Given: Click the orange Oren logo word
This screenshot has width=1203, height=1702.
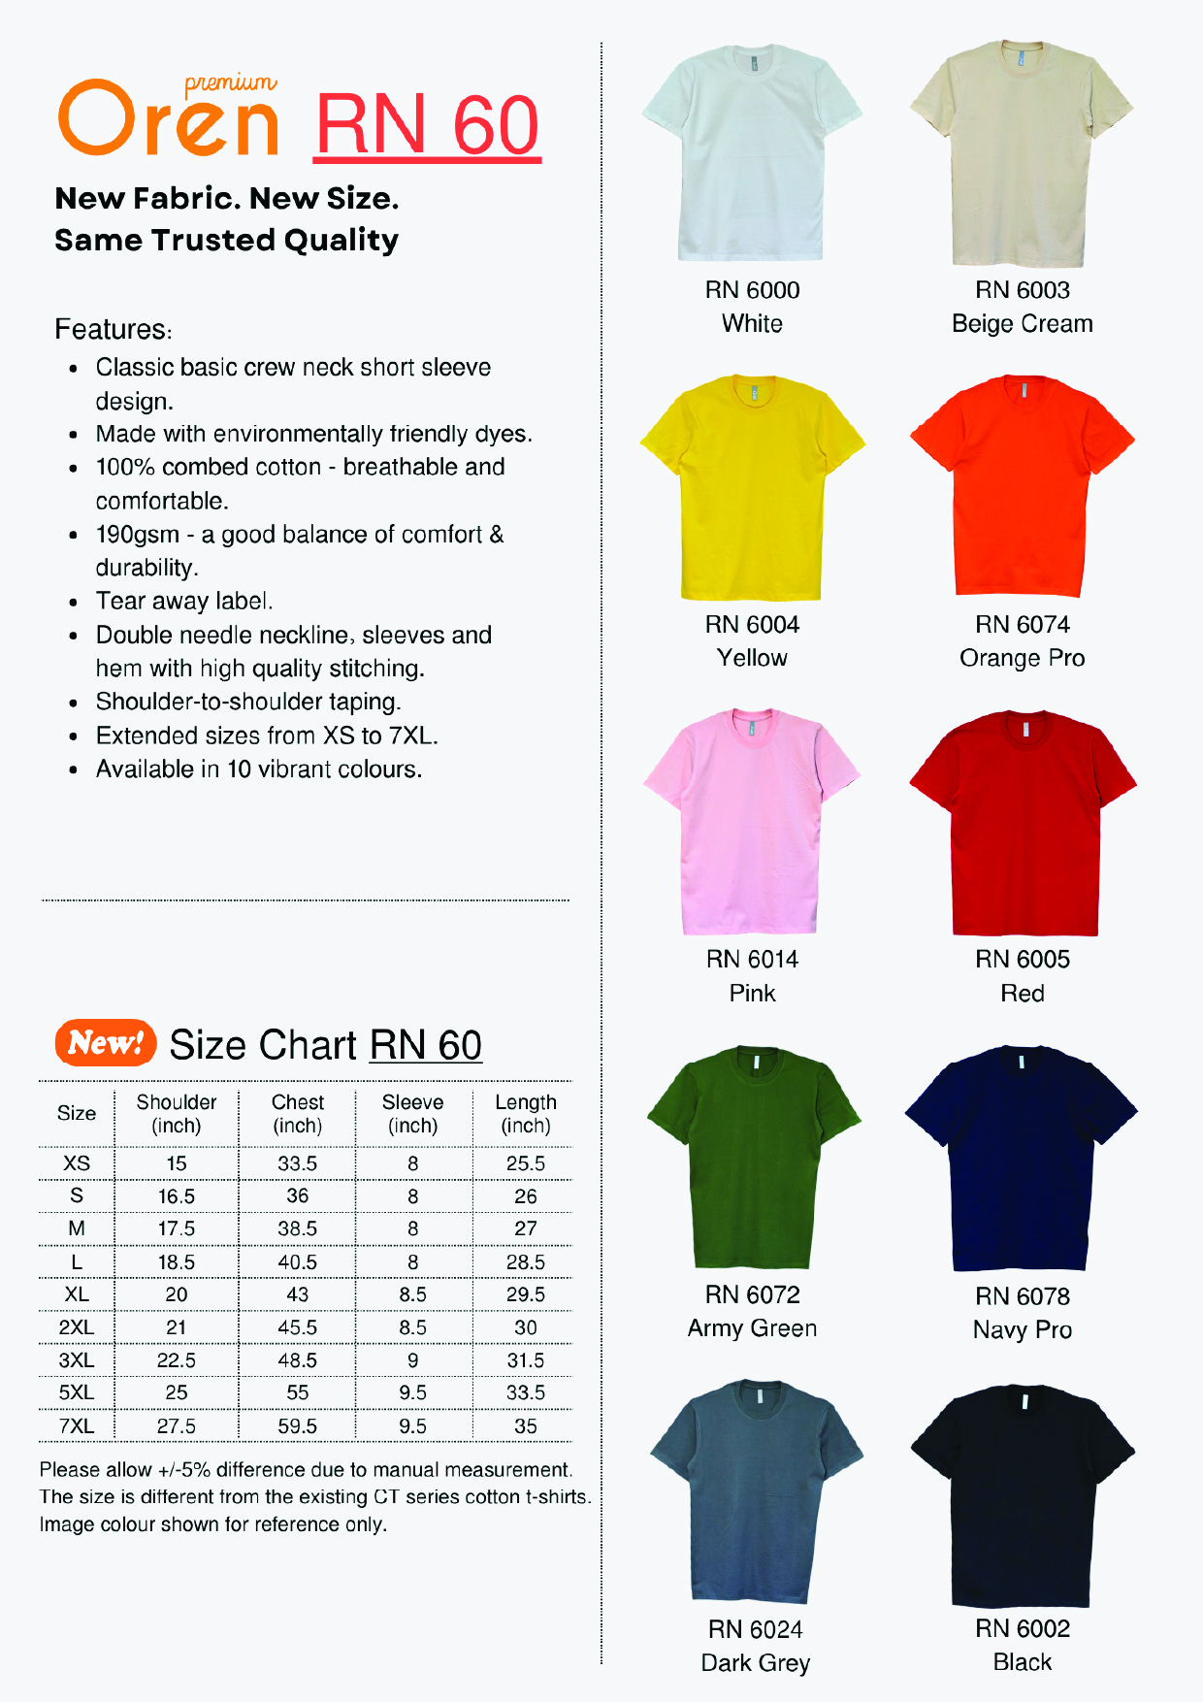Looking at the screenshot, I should click(x=169, y=120).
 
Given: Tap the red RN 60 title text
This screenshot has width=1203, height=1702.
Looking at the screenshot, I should click(x=427, y=125).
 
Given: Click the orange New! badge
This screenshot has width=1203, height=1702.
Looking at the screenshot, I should click(x=106, y=1043).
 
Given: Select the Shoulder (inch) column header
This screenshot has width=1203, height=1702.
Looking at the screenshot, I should click(x=176, y=1114).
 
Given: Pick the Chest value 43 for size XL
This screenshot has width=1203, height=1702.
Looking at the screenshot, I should click(x=297, y=1294).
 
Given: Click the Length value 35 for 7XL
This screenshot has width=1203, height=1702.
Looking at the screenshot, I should click(x=525, y=1426).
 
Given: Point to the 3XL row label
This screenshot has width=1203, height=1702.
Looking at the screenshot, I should click(x=77, y=1360).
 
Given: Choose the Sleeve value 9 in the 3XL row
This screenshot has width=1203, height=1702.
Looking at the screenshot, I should click(x=412, y=1360).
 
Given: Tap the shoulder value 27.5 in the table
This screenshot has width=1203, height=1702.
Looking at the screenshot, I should click(x=176, y=1426).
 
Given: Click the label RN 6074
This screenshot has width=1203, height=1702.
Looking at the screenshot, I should click(x=1022, y=624).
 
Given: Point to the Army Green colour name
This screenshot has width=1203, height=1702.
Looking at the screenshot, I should click(x=752, y=1328).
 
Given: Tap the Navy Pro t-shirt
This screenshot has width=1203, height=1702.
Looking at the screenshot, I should click(x=1022, y=1160).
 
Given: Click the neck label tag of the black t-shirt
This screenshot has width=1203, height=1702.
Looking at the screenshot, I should click(x=1024, y=1402).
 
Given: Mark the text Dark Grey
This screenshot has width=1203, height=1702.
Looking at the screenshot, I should click(x=755, y=1663).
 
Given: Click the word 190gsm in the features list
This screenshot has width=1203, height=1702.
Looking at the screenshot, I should click(x=137, y=535).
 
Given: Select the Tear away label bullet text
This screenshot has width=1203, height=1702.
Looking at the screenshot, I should click(x=183, y=602).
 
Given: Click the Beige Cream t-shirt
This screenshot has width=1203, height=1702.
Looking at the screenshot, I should click(x=1022, y=155).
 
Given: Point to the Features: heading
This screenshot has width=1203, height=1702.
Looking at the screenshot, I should click(x=113, y=330).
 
